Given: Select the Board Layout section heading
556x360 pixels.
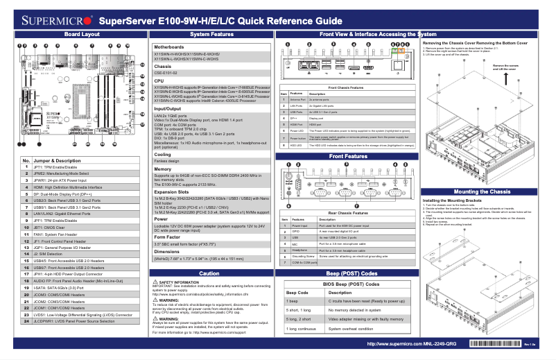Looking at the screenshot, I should pyautogui.click(x=77, y=33).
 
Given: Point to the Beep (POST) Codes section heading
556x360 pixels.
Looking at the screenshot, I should pyautogui.click(x=351, y=273).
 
